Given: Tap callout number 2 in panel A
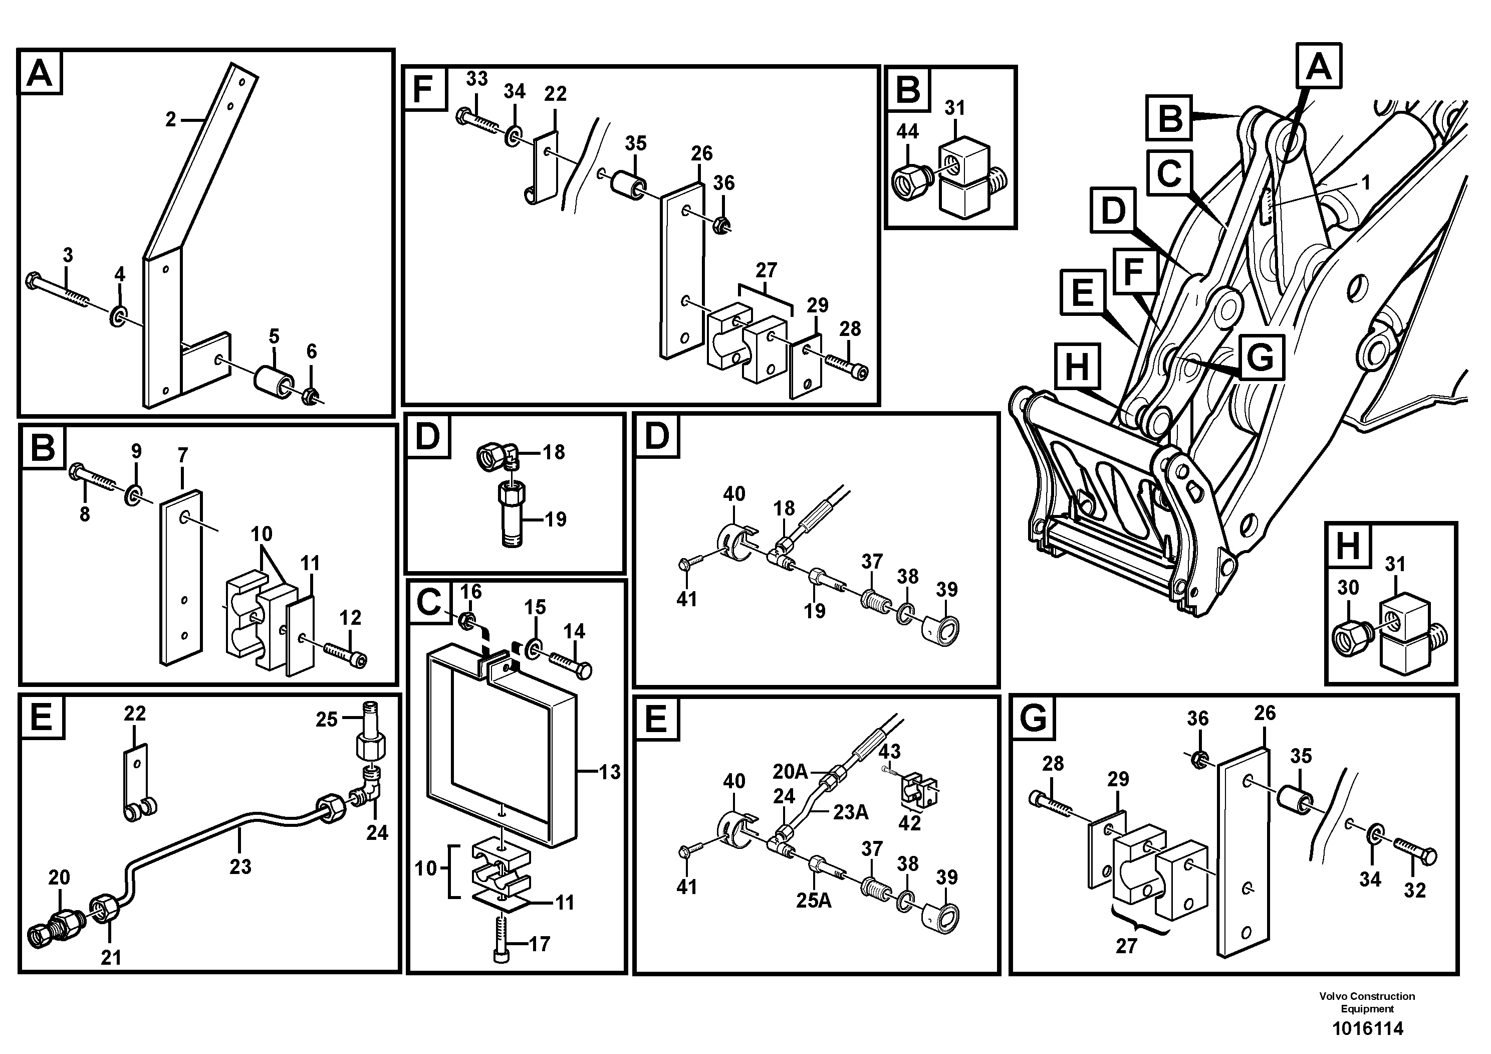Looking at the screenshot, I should (x=171, y=119).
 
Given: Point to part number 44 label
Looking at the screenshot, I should (x=907, y=131).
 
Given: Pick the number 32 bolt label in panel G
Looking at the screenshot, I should (x=1414, y=890).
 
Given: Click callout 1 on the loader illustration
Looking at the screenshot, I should (x=1366, y=183).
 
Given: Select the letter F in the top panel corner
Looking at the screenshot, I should (x=423, y=89).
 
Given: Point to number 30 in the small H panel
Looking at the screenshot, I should (x=1348, y=588).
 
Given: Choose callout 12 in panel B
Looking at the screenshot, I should (x=350, y=617).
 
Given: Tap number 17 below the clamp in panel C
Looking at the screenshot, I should (x=539, y=944).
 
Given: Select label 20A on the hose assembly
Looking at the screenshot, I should (x=790, y=771).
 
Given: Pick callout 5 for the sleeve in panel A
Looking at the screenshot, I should (x=274, y=336).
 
